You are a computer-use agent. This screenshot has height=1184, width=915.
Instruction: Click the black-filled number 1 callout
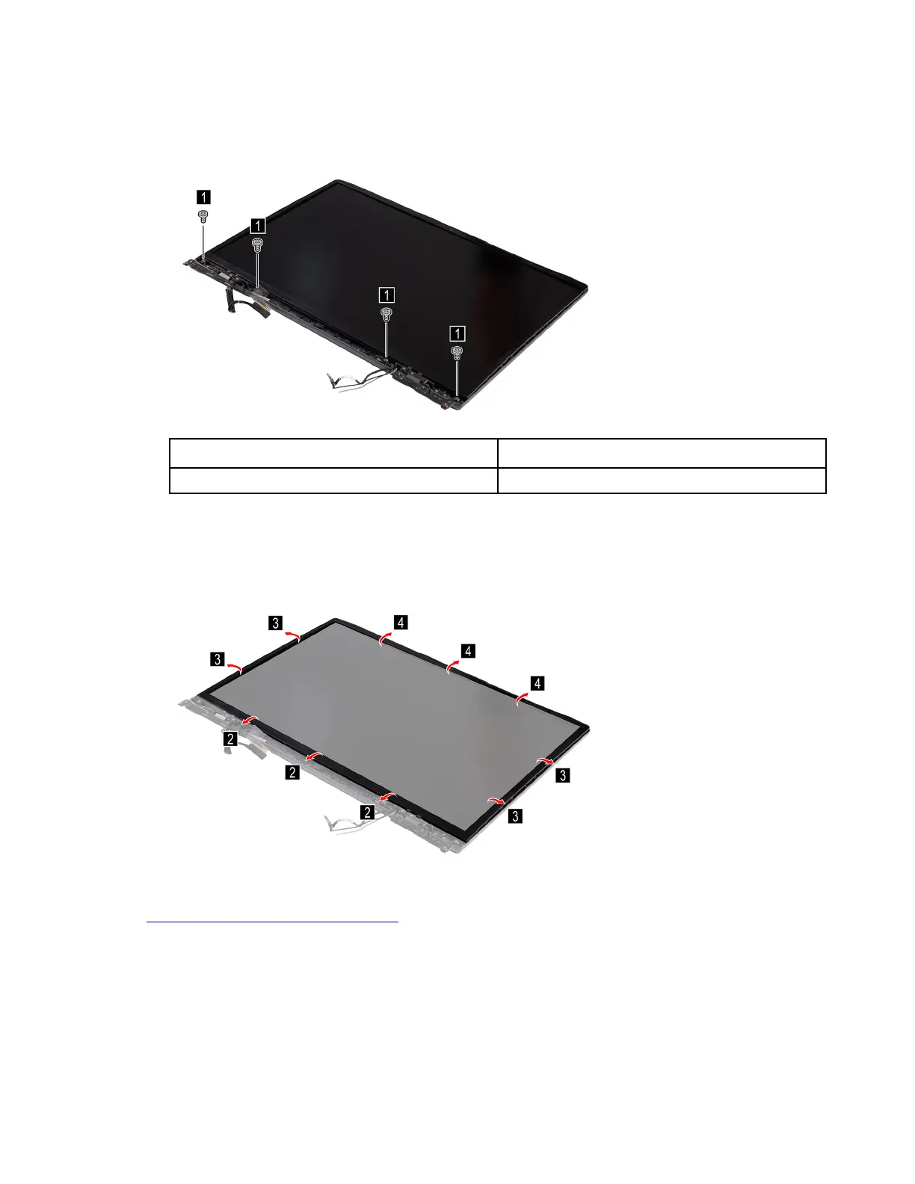203,197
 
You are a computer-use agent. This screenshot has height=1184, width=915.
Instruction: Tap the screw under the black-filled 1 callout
203,216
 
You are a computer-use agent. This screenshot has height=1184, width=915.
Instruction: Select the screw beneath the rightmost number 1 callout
457,353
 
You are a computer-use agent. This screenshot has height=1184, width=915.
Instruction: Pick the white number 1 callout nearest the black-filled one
258,225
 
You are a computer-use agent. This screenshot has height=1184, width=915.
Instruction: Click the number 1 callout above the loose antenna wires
386,295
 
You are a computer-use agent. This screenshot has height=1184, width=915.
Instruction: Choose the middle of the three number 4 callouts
467,650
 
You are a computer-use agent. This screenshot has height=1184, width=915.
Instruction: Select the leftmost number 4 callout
401,622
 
